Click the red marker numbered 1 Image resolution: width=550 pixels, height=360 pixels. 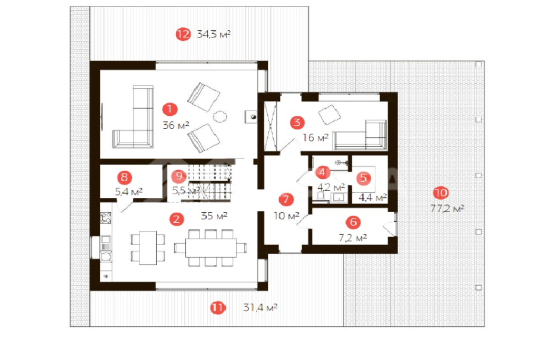(170, 109)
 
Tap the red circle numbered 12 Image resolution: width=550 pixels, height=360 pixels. (183, 34)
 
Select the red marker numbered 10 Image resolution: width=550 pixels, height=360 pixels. (441, 192)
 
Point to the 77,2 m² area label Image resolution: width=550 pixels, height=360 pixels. (447, 209)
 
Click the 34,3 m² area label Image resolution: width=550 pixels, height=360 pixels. (214, 34)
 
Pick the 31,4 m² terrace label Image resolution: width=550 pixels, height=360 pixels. (260, 308)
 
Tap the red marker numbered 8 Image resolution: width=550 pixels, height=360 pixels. (124, 178)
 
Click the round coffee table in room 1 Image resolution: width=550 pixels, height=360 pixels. (220, 116)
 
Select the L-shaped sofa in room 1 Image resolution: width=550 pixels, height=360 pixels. (133, 117)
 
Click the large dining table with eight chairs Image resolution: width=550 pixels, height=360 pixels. (210, 248)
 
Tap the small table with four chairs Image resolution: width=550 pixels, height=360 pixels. (148, 248)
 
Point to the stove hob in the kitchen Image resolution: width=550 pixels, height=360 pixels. (106, 218)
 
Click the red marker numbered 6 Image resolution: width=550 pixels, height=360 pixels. (353, 222)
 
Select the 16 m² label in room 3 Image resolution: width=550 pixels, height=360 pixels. (316, 138)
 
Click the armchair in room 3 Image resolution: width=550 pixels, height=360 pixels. (330, 115)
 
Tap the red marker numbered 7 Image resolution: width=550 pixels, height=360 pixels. (286, 199)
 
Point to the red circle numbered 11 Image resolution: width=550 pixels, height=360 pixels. (217, 308)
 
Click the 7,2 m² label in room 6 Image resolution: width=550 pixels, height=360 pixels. (353, 238)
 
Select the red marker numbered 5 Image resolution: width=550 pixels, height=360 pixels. (363, 178)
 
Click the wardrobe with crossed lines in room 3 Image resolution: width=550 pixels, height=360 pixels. (270, 126)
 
